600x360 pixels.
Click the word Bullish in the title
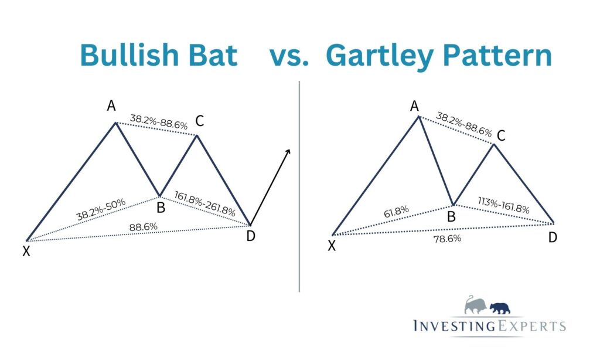pyautogui.click(x=129, y=55)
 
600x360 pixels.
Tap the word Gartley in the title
pyautogui.click(x=379, y=56)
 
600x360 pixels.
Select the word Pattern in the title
pyautogui.click(x=497, y=55)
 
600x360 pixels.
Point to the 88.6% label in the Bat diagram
pyautogui.click(x=144, y=227)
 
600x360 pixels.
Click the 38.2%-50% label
pyautogui.click(x=101, y=209)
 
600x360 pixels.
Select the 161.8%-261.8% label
pyautogui.click(x=204, y=203)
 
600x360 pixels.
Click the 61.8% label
pyautogui.click(x=396, y=212)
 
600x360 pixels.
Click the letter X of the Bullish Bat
pyautogui.click(x=26, y=251)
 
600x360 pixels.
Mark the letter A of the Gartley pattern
pyautogui.click(x=414, y=106)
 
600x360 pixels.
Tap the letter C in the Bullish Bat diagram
pyautogui.click(x=199, y=121)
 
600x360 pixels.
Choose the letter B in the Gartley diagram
pyautogui.click(x=451, y=217)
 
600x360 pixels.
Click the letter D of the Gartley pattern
pyautogui.click(x=553, y=237)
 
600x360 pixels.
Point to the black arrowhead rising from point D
pyautogui.click(x=288, y=152)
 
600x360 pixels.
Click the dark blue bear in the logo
pyautogui.click(x=500, y=308)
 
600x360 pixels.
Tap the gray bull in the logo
pyautogui.click(x=475, y=305)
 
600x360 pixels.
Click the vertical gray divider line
pyautogui.click(x=299, y=186)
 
